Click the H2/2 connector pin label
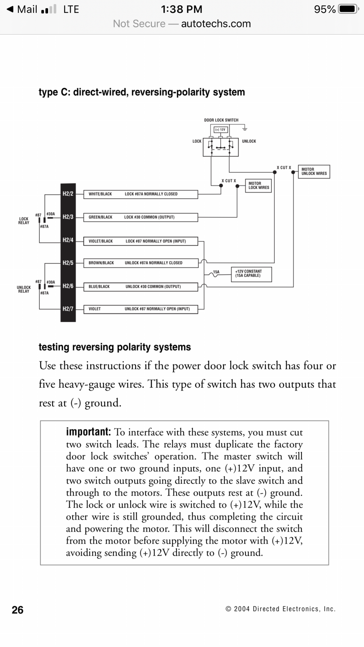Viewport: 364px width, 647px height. (x=68, y=194)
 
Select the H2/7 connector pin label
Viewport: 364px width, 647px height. (x=68, y=309)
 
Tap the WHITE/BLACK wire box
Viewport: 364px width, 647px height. (x=140, y=194)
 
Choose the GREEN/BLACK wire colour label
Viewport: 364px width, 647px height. (x=100, y=217)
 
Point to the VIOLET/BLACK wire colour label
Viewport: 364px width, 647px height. (x=101, y=241)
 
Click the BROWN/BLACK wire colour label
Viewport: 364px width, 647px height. (x=101, y=263)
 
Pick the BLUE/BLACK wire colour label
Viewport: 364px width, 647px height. (x=99, y=287)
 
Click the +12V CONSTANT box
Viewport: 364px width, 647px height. (x=251, y=274)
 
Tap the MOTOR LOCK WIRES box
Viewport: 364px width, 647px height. (x=258, y=186)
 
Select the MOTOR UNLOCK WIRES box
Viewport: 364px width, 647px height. (x=314, y=172)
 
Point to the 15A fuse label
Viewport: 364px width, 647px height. (x=216, y=272)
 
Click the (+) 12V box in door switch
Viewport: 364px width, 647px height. (x=221, y=130)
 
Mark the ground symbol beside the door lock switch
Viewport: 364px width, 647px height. (x=245, y=129)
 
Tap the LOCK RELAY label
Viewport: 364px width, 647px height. (x=24, y=221)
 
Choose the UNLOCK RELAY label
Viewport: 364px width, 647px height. (x=24, y=289)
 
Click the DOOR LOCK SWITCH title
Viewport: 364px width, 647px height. (x=221, y=120)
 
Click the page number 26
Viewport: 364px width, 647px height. (x=18, y=610)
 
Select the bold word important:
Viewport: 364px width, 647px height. (x=88, y=432)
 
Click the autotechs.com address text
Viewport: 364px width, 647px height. (x=216, y=24)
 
